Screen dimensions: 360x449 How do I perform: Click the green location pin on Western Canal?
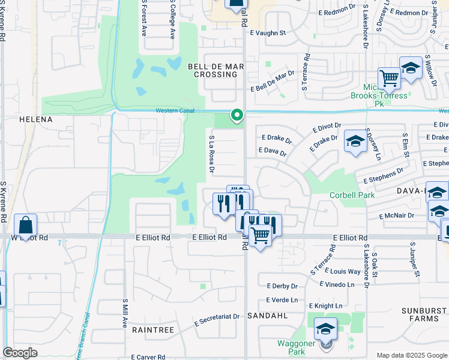pos(237,114)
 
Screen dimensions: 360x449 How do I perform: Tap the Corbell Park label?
pos(352,196)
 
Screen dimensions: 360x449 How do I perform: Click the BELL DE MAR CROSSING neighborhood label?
pos(212,70)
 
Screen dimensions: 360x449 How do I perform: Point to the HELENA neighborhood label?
pos(36,119)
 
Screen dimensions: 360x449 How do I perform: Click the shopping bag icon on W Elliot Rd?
pos(26,226)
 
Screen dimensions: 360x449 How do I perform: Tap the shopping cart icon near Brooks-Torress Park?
pos(389,78)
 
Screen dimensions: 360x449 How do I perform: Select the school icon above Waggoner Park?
pos(325,328)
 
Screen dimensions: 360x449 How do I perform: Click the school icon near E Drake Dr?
pos(355,142)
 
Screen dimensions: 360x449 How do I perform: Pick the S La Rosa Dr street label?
pos(211,154)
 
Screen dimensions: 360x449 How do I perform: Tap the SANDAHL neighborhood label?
pos(281,314)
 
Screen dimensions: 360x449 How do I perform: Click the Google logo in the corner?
pos(20,353)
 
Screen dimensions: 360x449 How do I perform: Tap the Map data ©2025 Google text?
pos(412,355)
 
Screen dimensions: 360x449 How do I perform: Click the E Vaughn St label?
pos(268,34)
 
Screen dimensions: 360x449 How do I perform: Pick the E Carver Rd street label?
pos(148,357)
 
